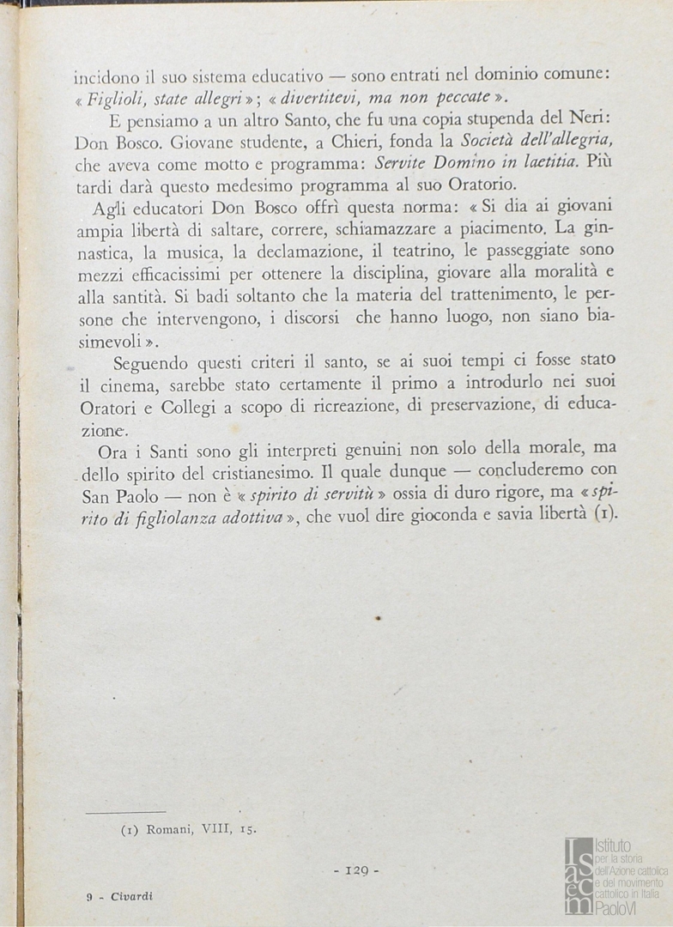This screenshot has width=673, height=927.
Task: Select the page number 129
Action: point(355,869)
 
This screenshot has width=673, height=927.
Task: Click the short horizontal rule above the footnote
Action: point(125,810)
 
